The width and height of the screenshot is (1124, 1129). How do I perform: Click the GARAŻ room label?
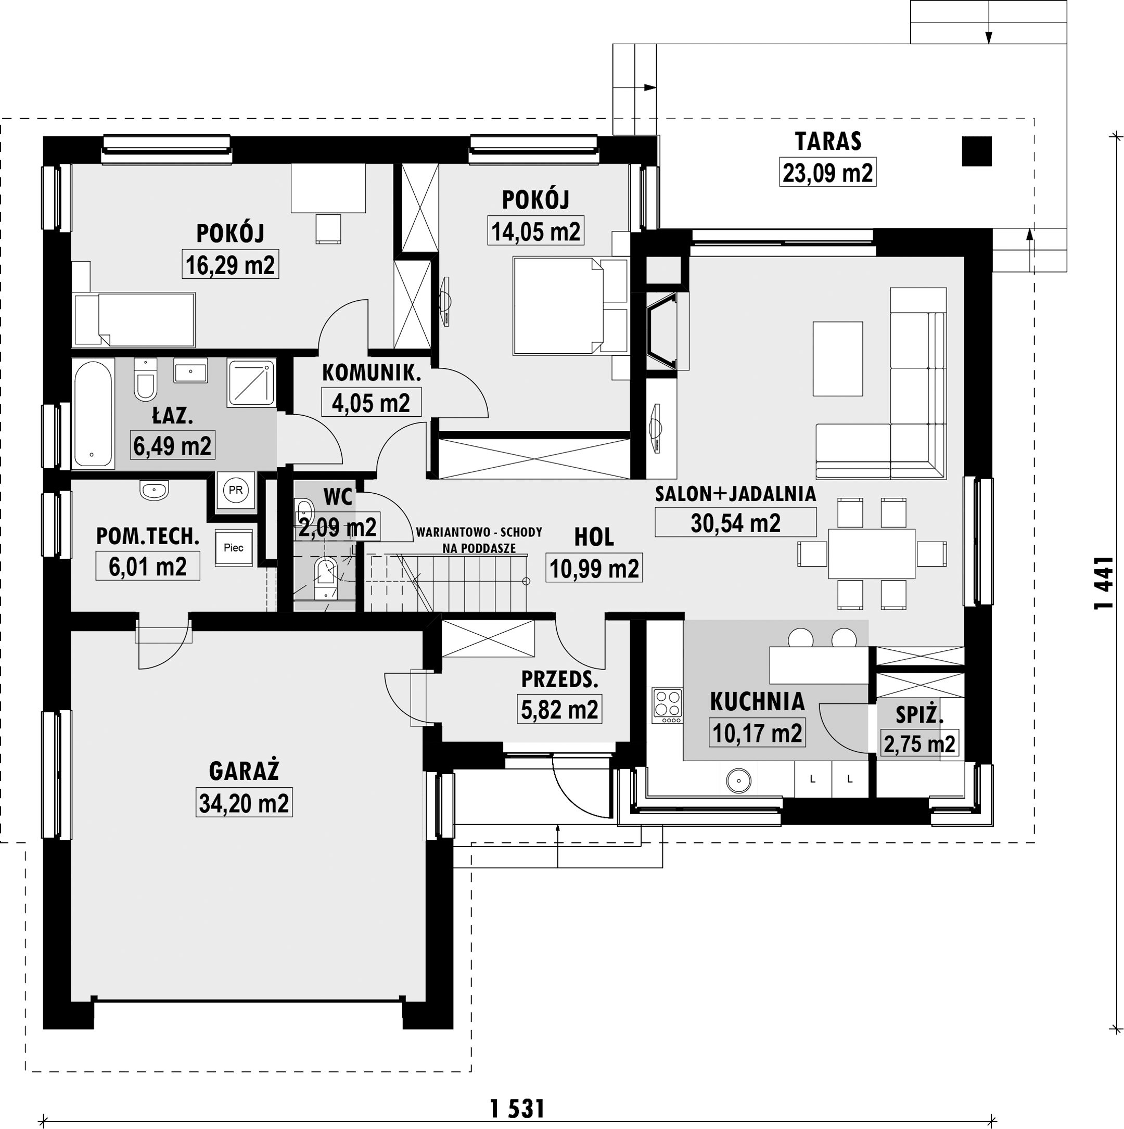click(x=244, y=771)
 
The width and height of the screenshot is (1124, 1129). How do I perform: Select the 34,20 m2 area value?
click(x=244, y=803)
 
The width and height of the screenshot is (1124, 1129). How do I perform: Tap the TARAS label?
click(x=828, y=142)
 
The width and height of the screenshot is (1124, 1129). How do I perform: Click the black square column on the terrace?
click(x=977, y=151)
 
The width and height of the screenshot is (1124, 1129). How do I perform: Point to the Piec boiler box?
click(x=234, y=547)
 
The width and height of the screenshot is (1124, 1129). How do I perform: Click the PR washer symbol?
click(x=236, y=490)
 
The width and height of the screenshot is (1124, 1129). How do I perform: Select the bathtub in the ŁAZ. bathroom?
click(x=92, y=414)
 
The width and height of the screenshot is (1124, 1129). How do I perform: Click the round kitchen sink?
click(x=739, y=779)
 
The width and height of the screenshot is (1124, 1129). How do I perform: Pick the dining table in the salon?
click(x=872, y=554)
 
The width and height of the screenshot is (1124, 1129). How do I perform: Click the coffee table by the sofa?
click(x=838, y=359)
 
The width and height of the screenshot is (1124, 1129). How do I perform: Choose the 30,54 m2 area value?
click(x=735, y=523)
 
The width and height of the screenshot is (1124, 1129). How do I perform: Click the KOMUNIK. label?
click(x=372, y=373)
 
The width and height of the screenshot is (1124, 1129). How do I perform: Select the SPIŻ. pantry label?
click(x=919, y=715)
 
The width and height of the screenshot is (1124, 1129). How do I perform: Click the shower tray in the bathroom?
click(x=251, y=382)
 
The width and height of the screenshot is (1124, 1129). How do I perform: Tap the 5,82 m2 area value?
click(x=559, y=710)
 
